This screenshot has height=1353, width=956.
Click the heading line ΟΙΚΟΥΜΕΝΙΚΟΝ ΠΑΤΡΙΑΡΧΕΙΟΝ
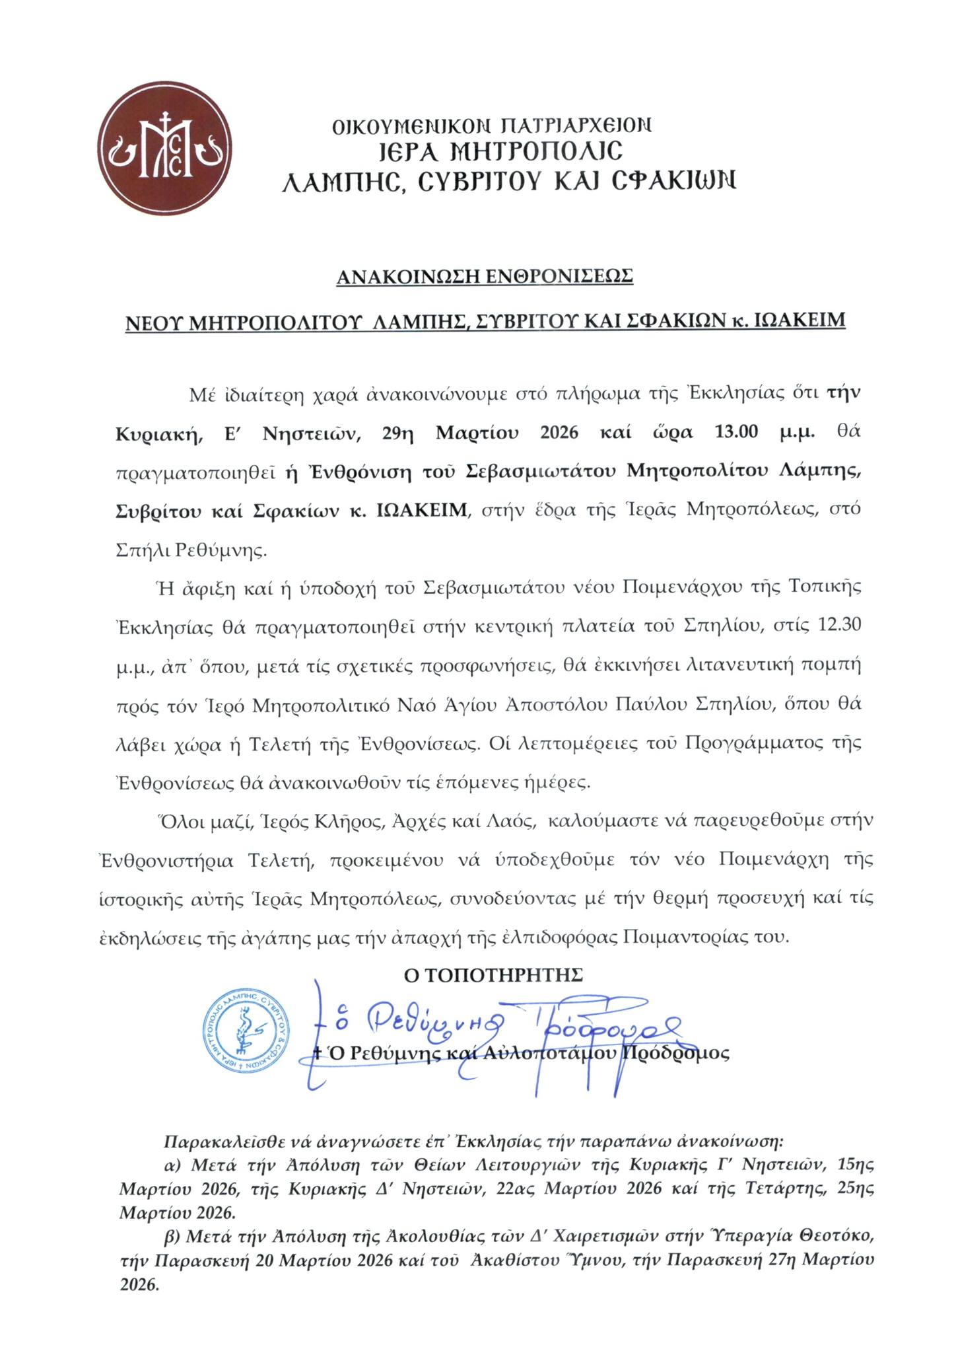(x=492, y=125)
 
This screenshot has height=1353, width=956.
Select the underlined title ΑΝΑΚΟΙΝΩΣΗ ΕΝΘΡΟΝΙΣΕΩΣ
(x=485, y=276)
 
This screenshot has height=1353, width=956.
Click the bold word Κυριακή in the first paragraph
(x=148, y=434)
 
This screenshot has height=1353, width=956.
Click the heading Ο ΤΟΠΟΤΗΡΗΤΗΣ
(x=493, y=974)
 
